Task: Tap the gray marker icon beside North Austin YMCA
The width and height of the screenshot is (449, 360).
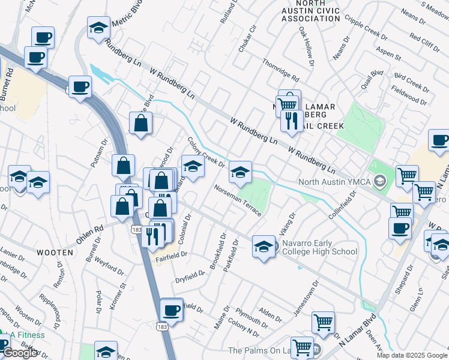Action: pos(379,181)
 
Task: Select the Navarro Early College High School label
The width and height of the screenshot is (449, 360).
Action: pos(319,247)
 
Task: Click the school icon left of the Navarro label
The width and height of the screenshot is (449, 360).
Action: pos(264,247)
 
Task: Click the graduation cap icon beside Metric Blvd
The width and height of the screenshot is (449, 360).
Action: pos(98,28)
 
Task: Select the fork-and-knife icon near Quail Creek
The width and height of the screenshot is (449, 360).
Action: pos(291,121)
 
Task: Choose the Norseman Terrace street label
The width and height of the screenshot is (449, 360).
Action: pos(239,200)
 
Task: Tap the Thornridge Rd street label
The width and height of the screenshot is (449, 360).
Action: pos(280,71)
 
